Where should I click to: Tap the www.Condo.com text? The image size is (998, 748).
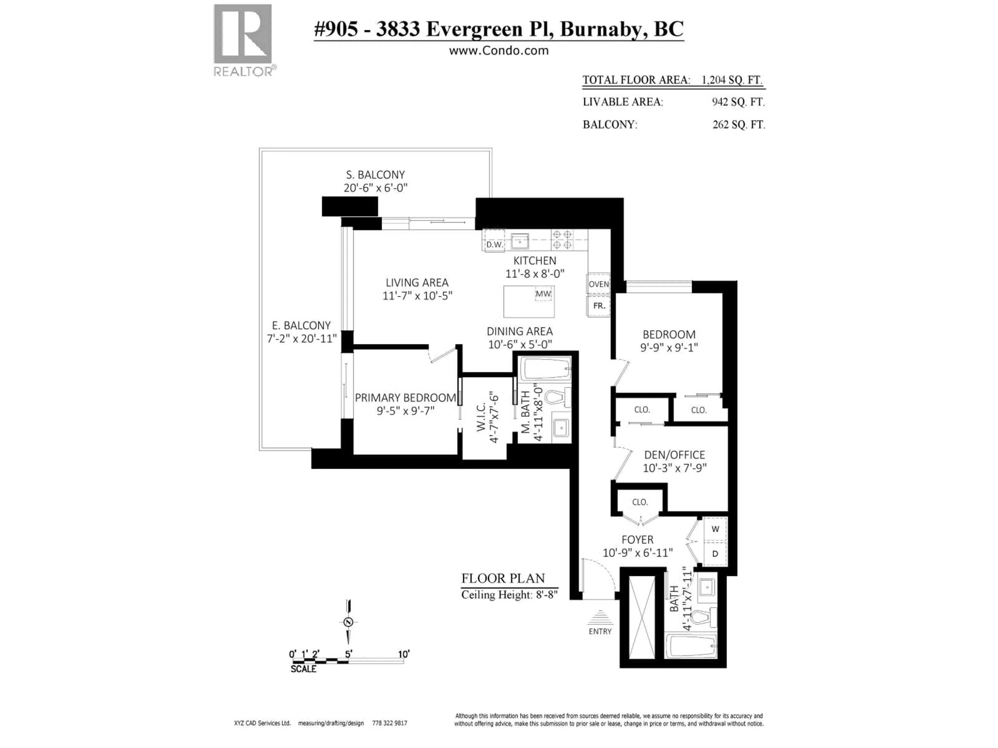[498, 50]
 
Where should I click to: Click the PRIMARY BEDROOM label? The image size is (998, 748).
[405, 398]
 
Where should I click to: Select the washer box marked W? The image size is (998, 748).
[715, 529]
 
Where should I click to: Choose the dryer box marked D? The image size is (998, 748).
[715, 554]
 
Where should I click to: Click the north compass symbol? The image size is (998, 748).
[348, 623]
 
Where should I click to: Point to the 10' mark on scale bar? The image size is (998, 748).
[403, 654]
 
